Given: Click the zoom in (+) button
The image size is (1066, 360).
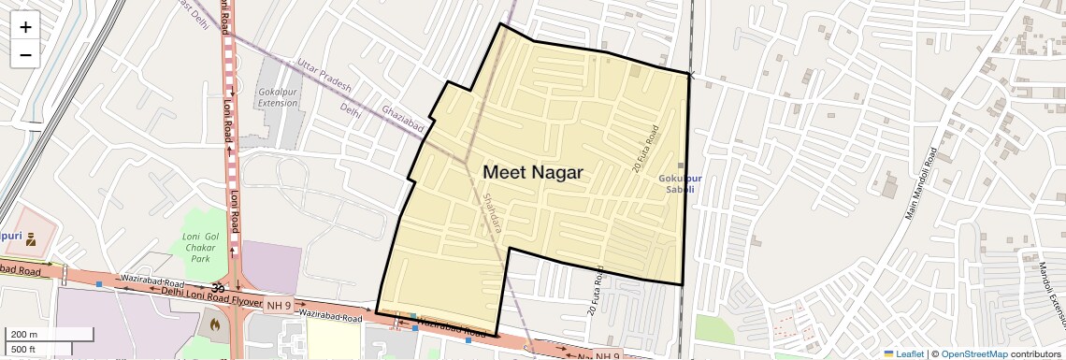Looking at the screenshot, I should click(x=25, y=27).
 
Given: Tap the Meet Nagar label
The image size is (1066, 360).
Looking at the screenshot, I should click(x=532, y=173).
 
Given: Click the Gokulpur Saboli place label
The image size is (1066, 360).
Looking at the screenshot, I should click(x=678, y=183).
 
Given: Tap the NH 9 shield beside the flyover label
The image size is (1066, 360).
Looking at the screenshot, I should click(x=279, y=305).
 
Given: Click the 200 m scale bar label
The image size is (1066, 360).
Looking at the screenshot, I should click(x=24, y=334).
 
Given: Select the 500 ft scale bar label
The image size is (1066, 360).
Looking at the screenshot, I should click(x=24, y=350).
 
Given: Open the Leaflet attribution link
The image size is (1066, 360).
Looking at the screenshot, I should click(x=902, y=354).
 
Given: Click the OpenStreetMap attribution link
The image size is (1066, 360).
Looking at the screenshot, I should click(x=973, y=354).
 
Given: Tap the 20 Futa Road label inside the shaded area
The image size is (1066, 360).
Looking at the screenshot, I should click(x=645, y=149).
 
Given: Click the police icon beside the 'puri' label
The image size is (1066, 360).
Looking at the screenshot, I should click(x=31, y=238).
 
